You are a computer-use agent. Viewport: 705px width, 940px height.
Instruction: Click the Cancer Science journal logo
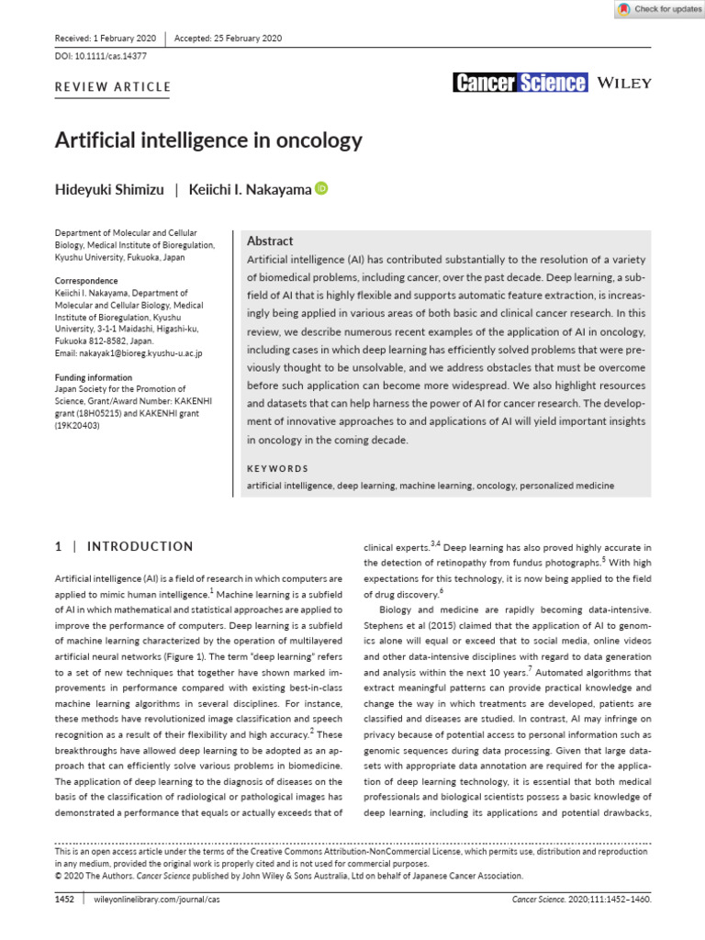tap(520, 83)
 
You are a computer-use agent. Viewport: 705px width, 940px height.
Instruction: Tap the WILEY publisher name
tap(624, 83)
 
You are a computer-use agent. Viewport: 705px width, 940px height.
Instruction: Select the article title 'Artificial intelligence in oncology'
tap(209, 140)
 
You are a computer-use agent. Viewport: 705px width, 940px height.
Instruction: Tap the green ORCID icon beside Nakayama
tap(321, 188)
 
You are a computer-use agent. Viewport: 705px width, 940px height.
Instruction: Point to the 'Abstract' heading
tap(271, 241)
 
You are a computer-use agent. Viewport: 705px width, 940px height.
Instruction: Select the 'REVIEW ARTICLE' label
tap(114, 87)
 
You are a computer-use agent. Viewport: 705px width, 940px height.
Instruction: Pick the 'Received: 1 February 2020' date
tap(106, 39)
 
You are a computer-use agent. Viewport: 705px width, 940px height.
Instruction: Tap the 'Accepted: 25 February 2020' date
tap(228, 39)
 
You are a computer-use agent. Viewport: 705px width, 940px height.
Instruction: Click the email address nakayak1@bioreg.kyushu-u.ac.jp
tap(129, 352)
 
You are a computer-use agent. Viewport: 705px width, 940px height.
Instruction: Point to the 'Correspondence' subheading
tap(86, 281)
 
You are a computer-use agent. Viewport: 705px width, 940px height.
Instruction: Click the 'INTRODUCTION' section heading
tap(140, 546)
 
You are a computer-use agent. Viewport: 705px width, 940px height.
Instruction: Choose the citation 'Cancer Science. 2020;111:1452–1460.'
tap(581, 901)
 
